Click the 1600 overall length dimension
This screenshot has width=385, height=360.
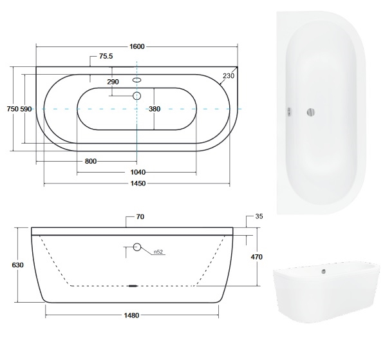point(137,46)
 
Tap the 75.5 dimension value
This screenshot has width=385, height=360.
point(106,56)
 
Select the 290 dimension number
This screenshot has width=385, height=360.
point(113,82)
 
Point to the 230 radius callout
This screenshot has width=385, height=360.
point(229,76)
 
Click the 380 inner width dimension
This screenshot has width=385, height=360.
point(155,109)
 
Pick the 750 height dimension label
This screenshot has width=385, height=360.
point(13,109)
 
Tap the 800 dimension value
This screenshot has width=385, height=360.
point(91,162)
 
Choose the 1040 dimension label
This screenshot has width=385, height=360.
point(138,172)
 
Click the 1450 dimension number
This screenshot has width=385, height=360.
point(138,184)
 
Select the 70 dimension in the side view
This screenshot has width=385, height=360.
point(140,217)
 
